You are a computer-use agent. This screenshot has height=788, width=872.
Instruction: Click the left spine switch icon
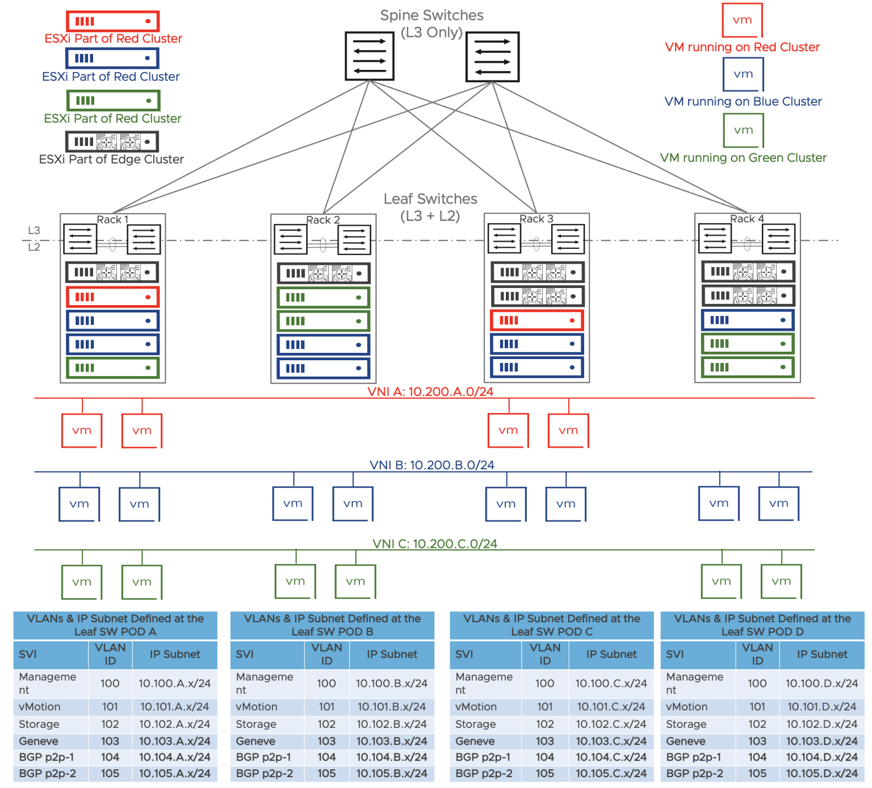370,56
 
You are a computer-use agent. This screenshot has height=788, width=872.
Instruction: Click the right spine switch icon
492,57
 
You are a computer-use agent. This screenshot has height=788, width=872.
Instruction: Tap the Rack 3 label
536,219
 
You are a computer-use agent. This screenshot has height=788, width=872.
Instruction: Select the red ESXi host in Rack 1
112,297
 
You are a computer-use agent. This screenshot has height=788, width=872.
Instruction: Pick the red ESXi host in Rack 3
536,320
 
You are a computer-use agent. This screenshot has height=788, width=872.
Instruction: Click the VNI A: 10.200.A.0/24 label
430,391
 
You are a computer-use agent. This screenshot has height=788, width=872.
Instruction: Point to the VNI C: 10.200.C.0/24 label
434,544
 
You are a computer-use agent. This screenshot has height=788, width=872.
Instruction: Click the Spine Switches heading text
431,15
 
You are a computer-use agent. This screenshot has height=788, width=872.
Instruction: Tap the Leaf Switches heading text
430,199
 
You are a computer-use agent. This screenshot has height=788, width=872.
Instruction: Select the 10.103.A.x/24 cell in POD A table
174,741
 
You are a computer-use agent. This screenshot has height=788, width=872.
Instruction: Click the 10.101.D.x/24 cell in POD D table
821,707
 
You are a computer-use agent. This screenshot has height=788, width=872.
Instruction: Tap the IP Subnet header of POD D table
821,654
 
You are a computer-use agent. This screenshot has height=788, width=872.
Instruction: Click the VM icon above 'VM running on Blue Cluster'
743,74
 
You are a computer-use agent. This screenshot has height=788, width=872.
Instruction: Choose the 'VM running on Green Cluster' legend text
743,157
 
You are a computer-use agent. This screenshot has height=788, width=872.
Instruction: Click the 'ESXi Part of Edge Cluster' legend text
111,159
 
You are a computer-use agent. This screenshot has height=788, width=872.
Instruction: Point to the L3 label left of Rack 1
34,230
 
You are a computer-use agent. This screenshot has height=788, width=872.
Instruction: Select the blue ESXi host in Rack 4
747,320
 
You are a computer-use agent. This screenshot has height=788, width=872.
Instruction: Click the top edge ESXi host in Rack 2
323,273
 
